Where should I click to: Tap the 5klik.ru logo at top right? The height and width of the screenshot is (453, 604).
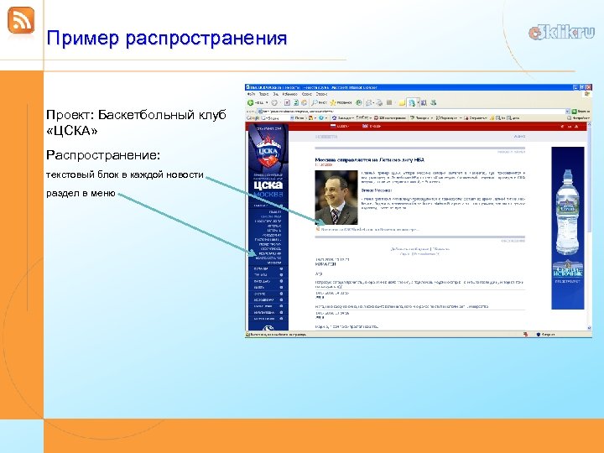[561, 33]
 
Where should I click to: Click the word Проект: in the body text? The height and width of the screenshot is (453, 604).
[71, 114]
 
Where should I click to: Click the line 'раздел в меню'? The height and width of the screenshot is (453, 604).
[81, 195]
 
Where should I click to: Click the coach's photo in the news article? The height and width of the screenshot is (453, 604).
[335, 200]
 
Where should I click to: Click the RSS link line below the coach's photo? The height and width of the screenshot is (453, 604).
[369, 228]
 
